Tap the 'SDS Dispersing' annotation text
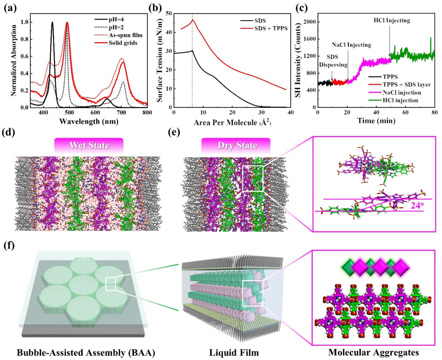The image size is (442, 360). pos(333,61)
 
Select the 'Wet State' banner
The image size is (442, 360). pos(89,145)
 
